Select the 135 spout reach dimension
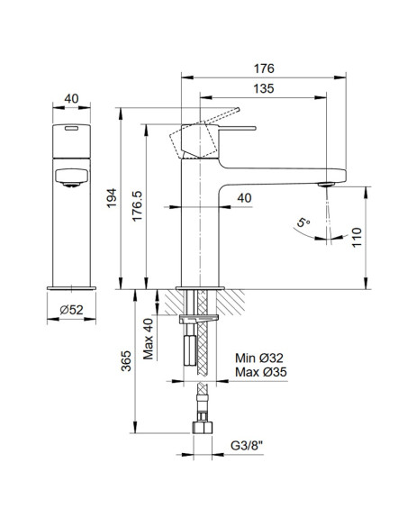(262, 88)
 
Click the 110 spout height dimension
(357, 238)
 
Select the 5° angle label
(302, 222)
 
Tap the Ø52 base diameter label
(68, 311)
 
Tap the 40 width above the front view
(68, 101)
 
